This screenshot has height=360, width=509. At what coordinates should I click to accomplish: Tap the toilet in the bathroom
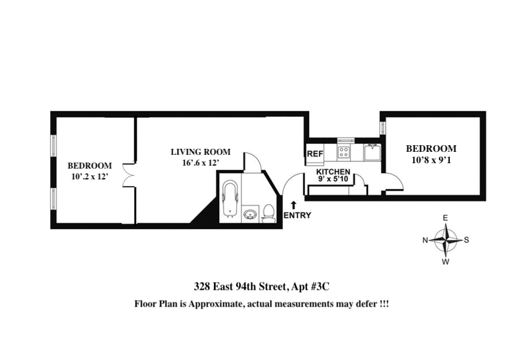click(269, 214)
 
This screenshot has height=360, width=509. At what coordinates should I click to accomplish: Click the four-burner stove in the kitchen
click(344, 152)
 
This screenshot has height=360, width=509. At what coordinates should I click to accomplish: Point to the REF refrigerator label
click(315, 154)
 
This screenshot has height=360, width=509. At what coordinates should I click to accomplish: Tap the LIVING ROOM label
click(200, 152)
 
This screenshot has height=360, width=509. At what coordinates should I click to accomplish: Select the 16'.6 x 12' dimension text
click(200, 163)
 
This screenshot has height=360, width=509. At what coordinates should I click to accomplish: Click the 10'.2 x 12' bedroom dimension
click(89, 176)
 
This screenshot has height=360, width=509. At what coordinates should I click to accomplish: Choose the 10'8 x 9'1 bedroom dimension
click(431, 160)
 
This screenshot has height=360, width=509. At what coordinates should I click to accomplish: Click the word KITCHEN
click(333, 172)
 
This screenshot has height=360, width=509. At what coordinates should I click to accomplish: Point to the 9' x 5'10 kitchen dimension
click(334, 179)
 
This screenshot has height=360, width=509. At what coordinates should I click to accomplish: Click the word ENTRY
click(297, 215)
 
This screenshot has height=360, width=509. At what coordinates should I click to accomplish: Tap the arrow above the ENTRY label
click(293, 205)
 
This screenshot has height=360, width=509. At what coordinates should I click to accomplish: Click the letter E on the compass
click(445, 218)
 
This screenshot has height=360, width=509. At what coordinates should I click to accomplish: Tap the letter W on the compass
click(445, 262)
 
